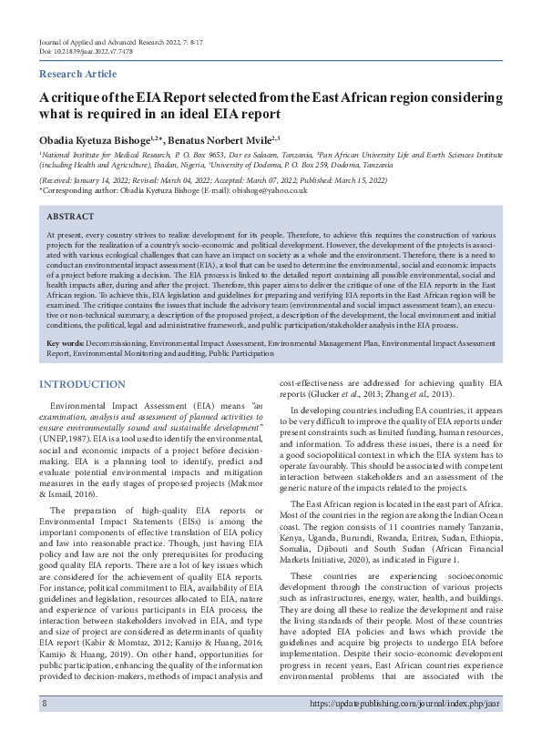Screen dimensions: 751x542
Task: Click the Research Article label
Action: (x=77, y=74)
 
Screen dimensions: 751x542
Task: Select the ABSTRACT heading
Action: (x=69, y=217)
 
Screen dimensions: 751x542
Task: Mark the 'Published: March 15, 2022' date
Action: (x=358, y=179)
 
